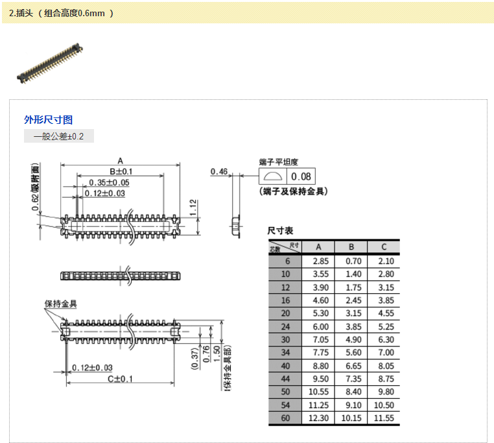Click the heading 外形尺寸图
pyautogui.click(x=49, y=119)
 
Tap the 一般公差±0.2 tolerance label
pyautogui.click(x=59, y=136)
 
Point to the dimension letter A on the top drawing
pyautogui.click(x=120, y=160)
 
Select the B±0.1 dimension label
pyautogui.click(x=121, y=171)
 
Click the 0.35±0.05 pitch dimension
pyautogui.click(x=109, y=182)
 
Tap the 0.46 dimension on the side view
pyautogui.click(x=219, y=172)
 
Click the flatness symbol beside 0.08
pyautogui.click(x=273, y=176)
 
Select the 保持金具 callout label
pyautogui.click(x=60, y=304)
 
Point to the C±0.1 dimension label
pyautogui.click(x=120, y=379)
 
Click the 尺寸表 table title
pyautogui.click(x=281, y=231)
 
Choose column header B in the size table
pyautogui.click(x=351, y=247)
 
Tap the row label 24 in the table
pyautogui.click(x=285, y=326)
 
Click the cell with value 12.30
pyautogui.click(x=318, y=418)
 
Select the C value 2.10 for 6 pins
pyautogui.click(x=384, y=261)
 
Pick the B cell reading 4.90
pyautogui.click(x=351, y=339)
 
